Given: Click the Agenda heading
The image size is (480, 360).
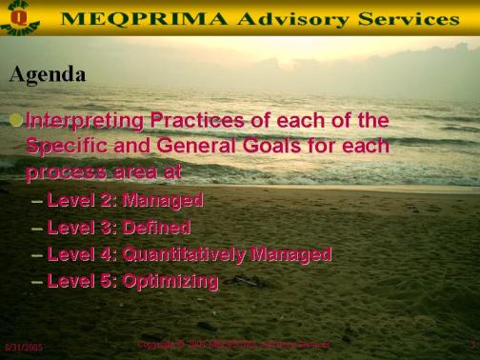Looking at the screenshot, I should (47, 73).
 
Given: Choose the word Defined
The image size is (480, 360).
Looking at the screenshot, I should (157, 228).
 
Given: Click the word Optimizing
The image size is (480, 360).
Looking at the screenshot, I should (170, 281).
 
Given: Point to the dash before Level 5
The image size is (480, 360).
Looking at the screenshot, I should (36, 282).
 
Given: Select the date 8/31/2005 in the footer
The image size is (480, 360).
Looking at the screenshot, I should (24, 348).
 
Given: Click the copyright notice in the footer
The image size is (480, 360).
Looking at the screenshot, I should (233, 344).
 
